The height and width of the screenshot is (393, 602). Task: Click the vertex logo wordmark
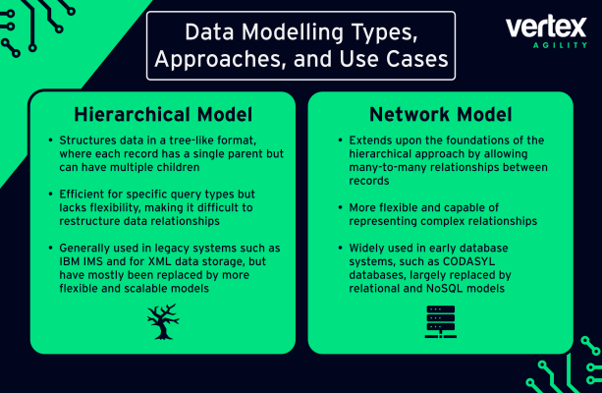(x=546, y=27)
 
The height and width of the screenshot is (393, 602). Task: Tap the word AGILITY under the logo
(x=560, y=45)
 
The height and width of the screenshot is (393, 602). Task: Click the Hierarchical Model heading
(x=163, y=115)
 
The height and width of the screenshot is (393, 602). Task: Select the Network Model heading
(x=441, y=115)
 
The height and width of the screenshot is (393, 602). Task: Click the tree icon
(x=163, y=322)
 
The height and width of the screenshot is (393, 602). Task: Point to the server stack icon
(x=441, y=322)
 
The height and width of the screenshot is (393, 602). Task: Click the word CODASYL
(x=468, y=261)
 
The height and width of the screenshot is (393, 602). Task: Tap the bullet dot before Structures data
(x=51, y=140)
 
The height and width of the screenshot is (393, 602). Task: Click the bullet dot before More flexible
(x=340, y=208)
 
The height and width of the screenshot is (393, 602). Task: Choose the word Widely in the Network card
(x=366, y=249)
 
